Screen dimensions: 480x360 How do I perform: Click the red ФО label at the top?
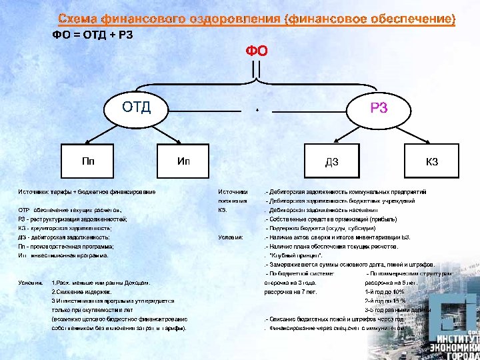point(257,51)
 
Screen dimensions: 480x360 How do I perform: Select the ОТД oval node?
point(136,106)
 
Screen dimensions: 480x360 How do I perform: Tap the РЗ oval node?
point(379,109)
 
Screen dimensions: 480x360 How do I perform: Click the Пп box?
point(88,161)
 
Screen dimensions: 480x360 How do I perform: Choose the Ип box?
point(184,161)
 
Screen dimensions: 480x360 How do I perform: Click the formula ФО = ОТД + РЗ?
point(93,35)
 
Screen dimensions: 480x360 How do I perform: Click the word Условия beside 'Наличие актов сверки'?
point(231,237)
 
